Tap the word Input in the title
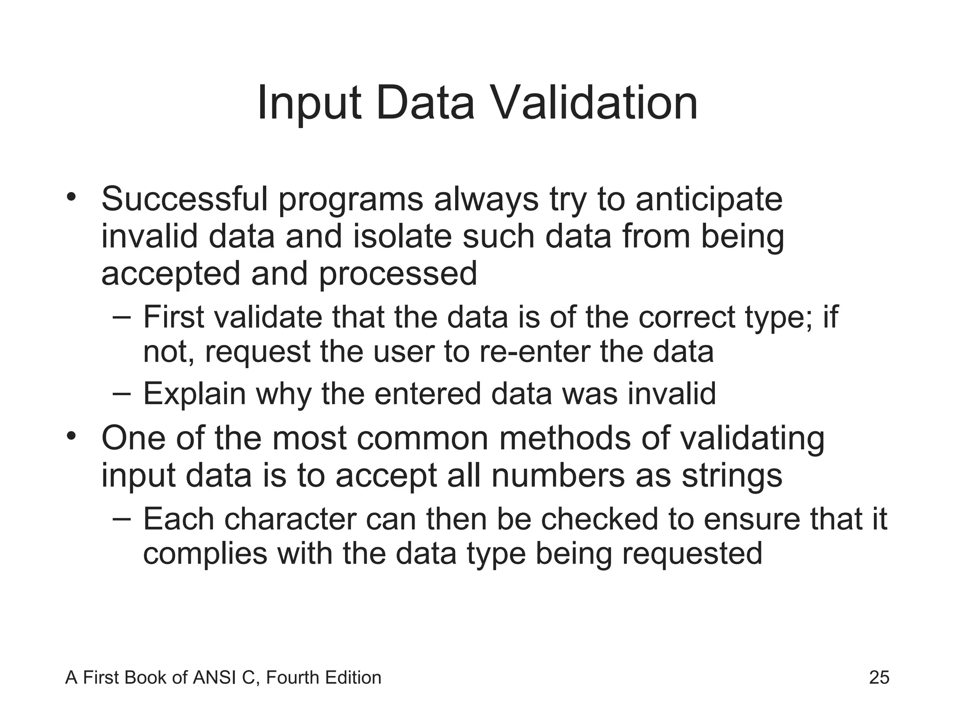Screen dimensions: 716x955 point(309,103)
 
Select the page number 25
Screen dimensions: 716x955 point(879,677)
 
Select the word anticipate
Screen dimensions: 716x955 point(709,199)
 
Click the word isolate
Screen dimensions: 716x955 point(402,236)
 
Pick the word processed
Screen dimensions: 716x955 point(398,274)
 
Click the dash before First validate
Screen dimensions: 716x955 point(122,317)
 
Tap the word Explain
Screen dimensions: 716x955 point(194,394)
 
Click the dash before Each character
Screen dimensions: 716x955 point(122,519)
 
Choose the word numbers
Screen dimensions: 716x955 point(557,476)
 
